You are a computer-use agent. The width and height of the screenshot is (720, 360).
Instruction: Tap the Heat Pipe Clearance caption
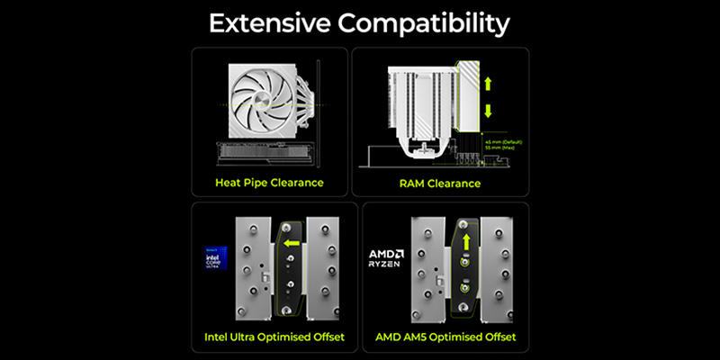click(x=270, y=184)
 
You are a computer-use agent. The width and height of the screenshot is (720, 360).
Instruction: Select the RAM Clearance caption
click(x=440, y=184)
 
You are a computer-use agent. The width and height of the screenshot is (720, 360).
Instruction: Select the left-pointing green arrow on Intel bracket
click(x=291, y=242)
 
